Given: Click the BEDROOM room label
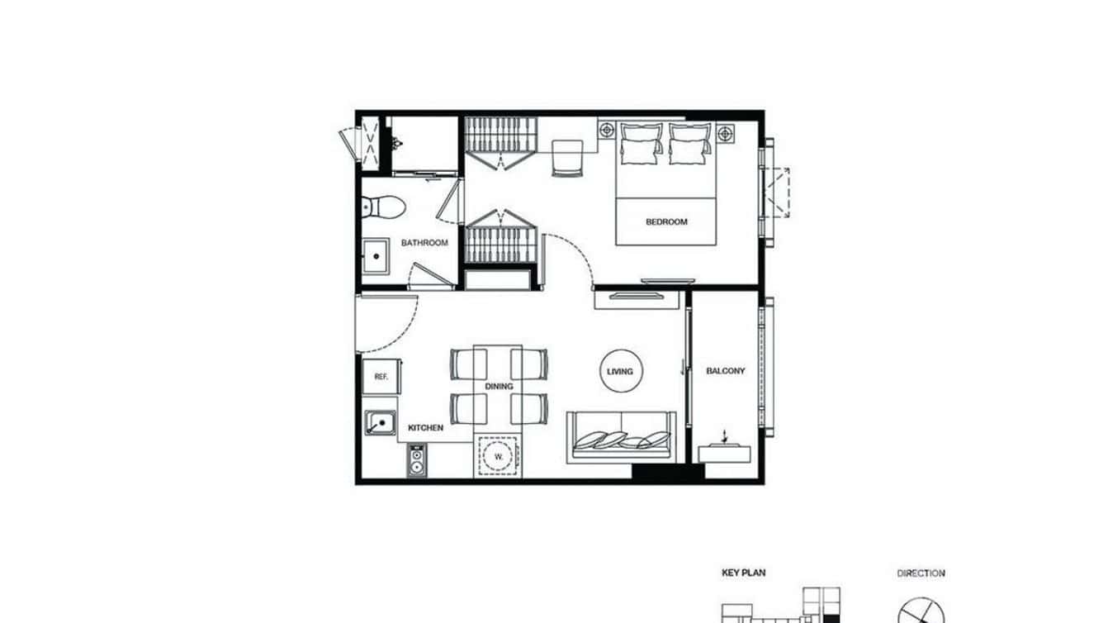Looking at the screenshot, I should (665, 221).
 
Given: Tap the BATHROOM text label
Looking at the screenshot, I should (424, 243).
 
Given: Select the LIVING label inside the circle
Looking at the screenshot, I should (620, 372).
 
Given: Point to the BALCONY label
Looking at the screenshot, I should (725, 371).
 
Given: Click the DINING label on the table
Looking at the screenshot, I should (499, 386).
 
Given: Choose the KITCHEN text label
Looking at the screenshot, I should (426, 428).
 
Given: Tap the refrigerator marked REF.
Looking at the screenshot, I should (381, 377).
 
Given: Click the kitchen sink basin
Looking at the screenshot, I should (381, 423).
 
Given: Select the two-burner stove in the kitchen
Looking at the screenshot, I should (416, 459).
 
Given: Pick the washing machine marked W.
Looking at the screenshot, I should (499, 456).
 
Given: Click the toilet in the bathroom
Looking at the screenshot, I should (381, 207).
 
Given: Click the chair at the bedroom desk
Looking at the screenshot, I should (567, 157).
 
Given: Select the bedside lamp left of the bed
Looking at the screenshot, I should (608, 130).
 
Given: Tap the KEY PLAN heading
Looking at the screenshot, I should (743, 573).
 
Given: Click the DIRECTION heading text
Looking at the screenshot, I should (921, 573).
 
